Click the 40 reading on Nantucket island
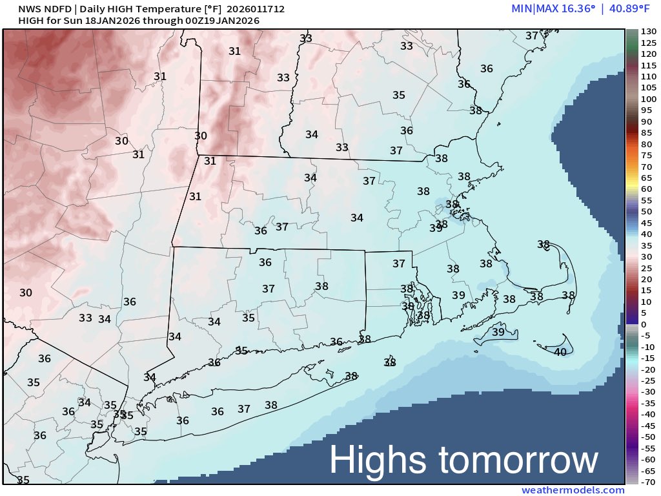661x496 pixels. [x=560, y=352]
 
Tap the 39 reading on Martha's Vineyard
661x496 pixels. [x=498, y=331]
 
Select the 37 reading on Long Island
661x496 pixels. [x=244, y=409]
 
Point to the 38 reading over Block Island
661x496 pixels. [x=389, y=362]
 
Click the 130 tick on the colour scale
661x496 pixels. [x=648, y=32]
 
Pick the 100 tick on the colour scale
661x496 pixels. [x=648, y=99]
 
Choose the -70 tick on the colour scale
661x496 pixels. [x=648, y=481]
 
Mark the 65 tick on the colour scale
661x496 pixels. [x=648, y=178]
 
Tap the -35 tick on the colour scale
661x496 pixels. [x=648, y=402]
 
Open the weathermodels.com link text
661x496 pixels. [x=573, y=490]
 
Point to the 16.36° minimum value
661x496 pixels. [x=565, y=9]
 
